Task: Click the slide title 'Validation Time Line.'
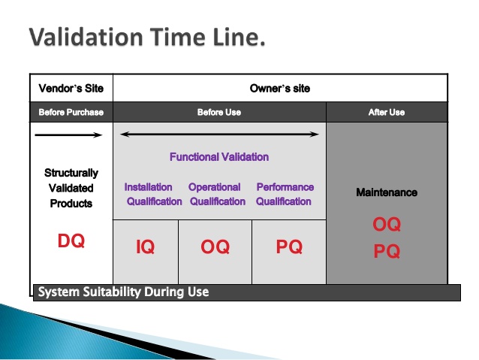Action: coord(147,37)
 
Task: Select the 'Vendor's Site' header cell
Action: coord(71,89)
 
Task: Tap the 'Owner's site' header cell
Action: coord(279,89)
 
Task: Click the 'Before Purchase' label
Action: coord(71,113)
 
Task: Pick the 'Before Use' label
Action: coord(219,113)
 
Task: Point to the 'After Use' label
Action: coord(387,113)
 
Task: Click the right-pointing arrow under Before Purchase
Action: coord(68,135)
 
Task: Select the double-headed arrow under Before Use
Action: coord(219,135)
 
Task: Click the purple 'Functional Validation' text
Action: coord(219,157)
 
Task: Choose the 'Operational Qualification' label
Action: coord(216,194)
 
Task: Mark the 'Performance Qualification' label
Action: coord(285,194)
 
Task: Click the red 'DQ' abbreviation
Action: coord(71,241)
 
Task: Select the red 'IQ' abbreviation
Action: coord(146,247)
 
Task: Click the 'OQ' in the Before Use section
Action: coord(215,247)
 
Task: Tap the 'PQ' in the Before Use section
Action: coord(289,247)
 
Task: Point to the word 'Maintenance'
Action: coord(387,192)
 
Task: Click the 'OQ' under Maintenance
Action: coord(387,225)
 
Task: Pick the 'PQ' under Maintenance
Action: coord(387,252)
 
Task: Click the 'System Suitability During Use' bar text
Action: coord(123,292)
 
